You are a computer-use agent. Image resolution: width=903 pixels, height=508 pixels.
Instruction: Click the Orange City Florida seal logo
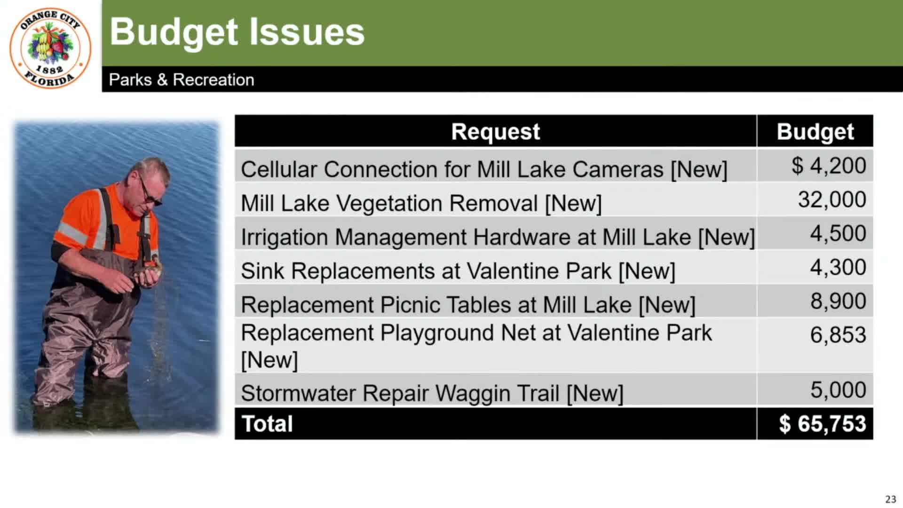[50, 48]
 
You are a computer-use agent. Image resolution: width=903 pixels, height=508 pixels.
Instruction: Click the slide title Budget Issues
[237, 32]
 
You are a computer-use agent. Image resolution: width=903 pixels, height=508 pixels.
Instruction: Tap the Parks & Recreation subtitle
[182, 79]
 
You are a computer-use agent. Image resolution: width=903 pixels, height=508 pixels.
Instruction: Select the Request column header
[495, 131]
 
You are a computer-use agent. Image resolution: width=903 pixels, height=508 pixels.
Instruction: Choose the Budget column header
[815, 132]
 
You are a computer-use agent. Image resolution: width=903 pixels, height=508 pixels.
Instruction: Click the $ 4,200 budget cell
[829, 166]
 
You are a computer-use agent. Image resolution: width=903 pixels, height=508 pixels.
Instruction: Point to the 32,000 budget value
[832, 199]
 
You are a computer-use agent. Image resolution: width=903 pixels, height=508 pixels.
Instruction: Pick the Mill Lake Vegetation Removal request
[421, 204]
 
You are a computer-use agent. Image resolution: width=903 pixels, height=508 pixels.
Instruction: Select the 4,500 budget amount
[838, 233]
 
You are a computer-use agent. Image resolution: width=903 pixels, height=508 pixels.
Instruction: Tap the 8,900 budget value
[838, 301]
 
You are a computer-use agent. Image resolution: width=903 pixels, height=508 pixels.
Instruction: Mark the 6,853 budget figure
[838, 335]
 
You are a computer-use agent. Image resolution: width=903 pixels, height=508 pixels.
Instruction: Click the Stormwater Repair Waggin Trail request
[432, 393]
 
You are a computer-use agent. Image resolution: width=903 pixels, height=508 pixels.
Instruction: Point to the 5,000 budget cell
[838, 389]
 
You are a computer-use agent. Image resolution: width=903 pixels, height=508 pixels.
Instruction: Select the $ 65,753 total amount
[823, 423]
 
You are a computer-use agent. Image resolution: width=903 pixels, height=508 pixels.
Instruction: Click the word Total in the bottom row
[267, 423]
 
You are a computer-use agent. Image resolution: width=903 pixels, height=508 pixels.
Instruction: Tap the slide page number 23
[891, 499]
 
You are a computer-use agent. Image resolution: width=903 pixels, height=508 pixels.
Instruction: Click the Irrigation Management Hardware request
[498, 238]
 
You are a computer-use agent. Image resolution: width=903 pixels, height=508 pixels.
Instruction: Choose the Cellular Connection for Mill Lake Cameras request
[484, 170]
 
